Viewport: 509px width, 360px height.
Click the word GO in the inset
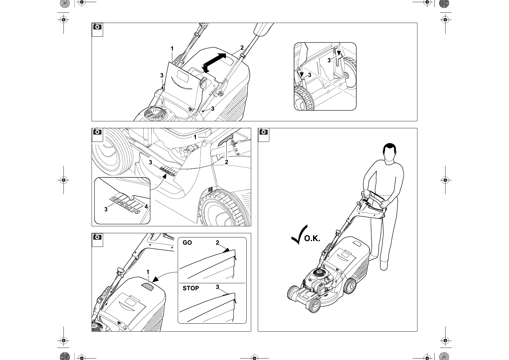187,243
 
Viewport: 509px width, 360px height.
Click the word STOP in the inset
191,288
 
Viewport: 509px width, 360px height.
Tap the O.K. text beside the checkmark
312,239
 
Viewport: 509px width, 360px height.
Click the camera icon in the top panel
97,27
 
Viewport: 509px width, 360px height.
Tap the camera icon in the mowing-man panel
264,132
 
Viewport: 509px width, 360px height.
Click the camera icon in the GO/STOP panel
97,237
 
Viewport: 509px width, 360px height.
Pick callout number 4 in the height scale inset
146,207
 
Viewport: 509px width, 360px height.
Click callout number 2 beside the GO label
217,243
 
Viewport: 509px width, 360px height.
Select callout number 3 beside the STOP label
217,287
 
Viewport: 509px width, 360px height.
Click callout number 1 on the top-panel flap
172,49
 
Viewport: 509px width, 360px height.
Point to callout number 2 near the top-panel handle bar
242,47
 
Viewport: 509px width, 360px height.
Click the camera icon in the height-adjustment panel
97,132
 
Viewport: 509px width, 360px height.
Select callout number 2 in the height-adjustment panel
226,162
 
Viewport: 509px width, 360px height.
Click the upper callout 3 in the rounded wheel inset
329,61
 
